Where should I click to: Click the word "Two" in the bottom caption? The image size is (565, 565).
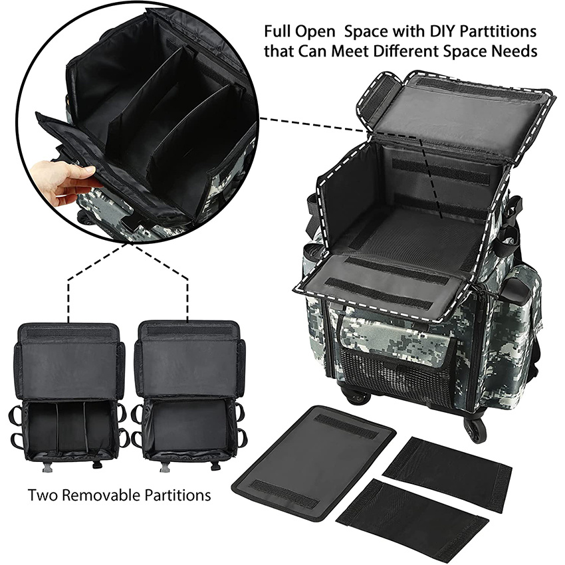pyautogui.click(x=42, y=495)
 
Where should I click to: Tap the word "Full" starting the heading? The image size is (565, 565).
pyautogui.click(x=277, y=31)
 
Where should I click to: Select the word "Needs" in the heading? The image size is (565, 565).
pyautogui.click(x=516, y=51)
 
